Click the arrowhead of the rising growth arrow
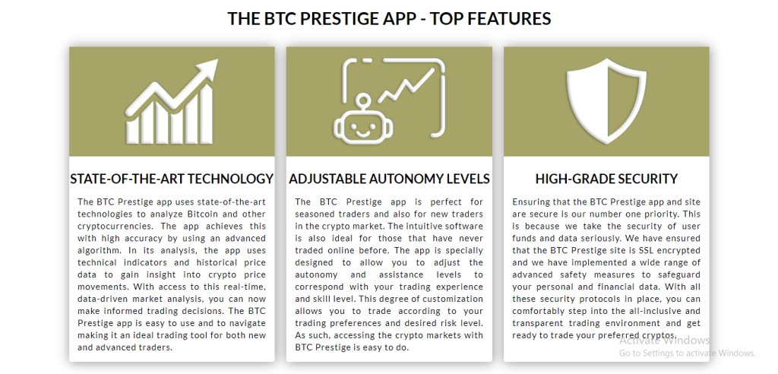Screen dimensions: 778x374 (x=207, y=69)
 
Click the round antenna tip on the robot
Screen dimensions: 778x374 (x=363, y=100)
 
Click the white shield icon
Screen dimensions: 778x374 (x=607, y=100)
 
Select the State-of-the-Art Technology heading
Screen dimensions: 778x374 (x=172, y=179)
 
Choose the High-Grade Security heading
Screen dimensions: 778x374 (x=606, y=179)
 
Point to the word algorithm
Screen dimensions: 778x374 (x=95, y=250)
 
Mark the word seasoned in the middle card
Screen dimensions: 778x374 (x=312, y=214)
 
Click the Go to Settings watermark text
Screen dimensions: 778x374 (x=687, y=353)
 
